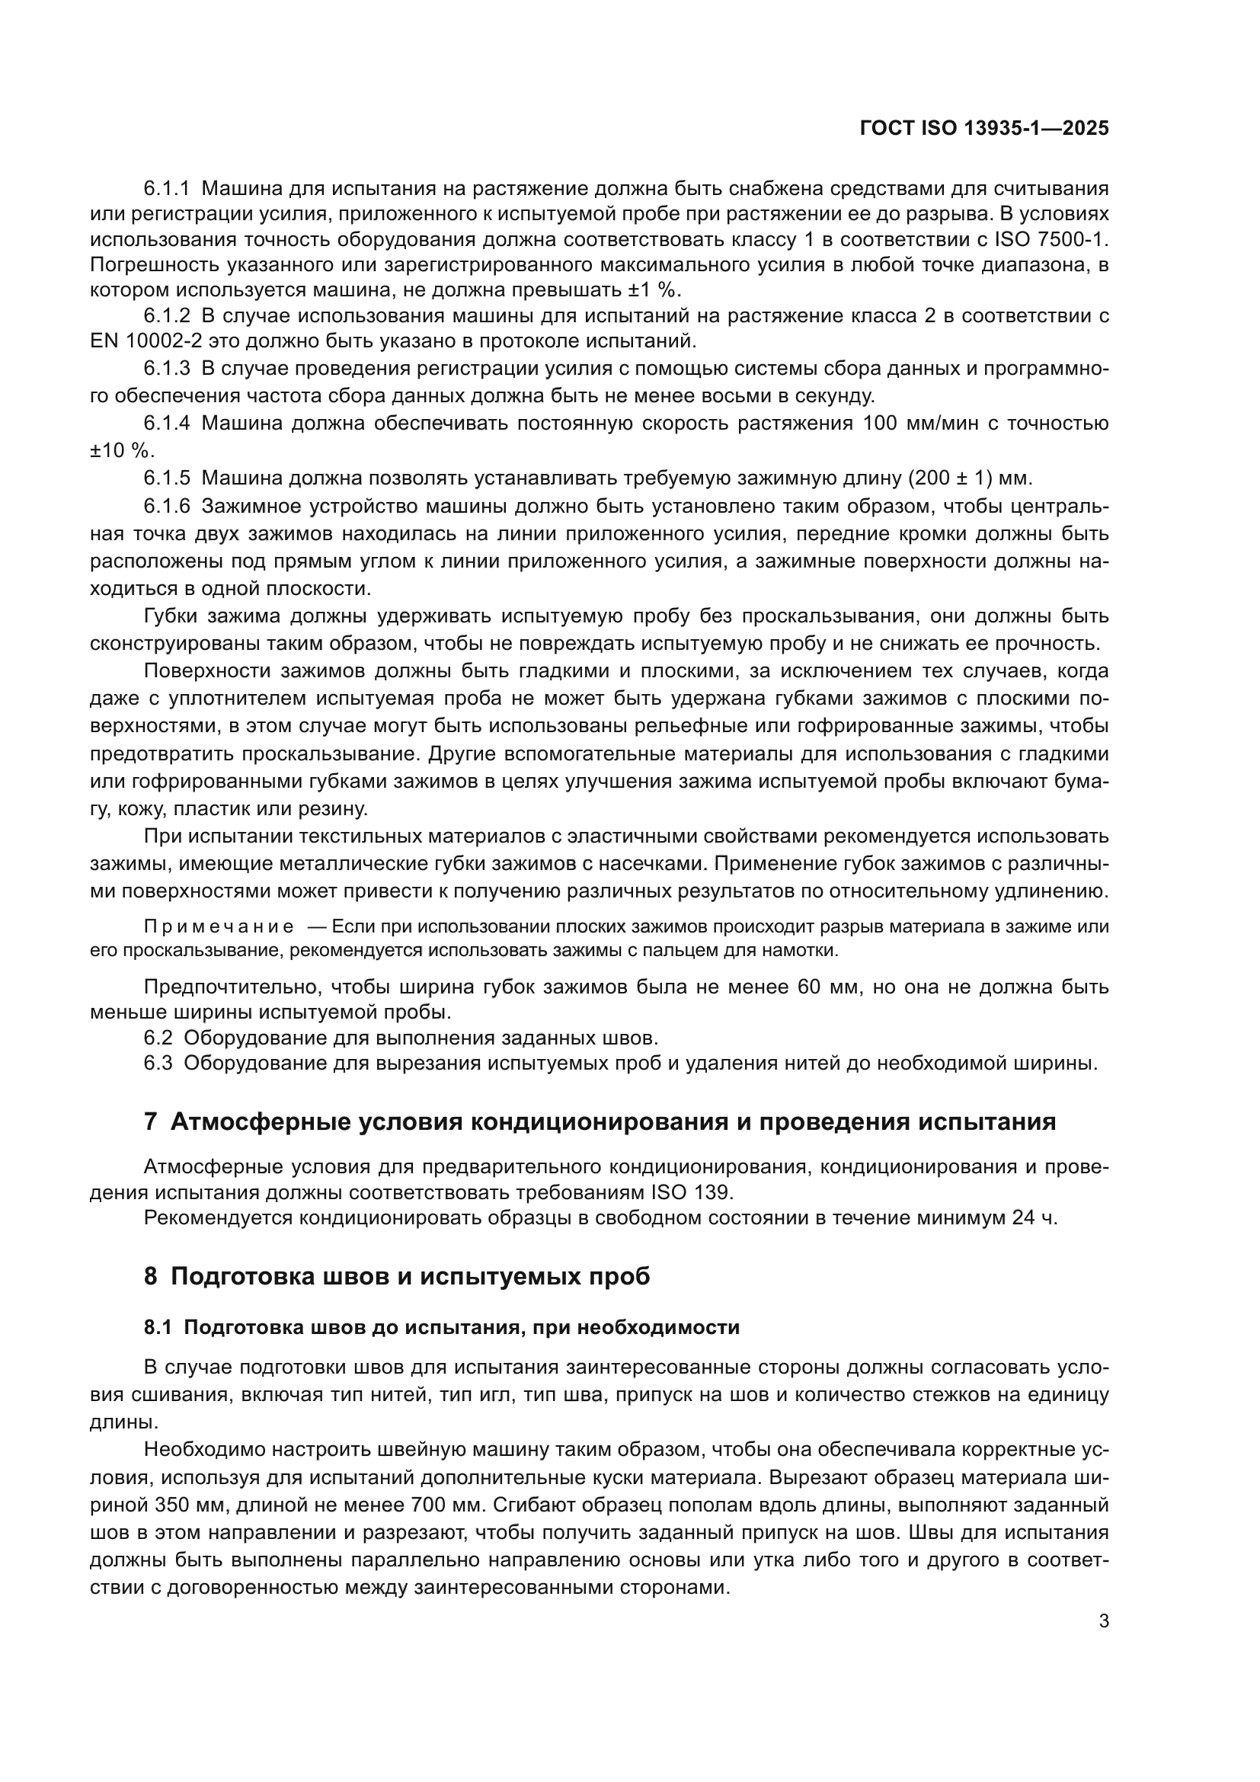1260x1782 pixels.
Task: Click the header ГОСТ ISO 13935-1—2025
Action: (983, 129)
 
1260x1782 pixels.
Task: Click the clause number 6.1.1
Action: (167, 189)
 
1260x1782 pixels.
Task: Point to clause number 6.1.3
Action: (167, 368)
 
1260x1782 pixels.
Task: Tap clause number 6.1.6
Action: (167, 506)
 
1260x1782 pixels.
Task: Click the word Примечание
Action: (219, 926)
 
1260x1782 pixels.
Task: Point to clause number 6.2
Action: (158, 1038)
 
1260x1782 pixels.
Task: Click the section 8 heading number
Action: (151, 1277)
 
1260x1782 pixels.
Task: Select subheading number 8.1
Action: (158, 1328)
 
